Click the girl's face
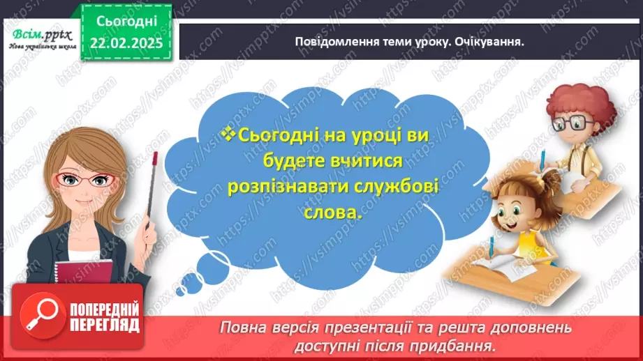(x=517, y=208)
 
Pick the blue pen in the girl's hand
(x=493, y=247)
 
